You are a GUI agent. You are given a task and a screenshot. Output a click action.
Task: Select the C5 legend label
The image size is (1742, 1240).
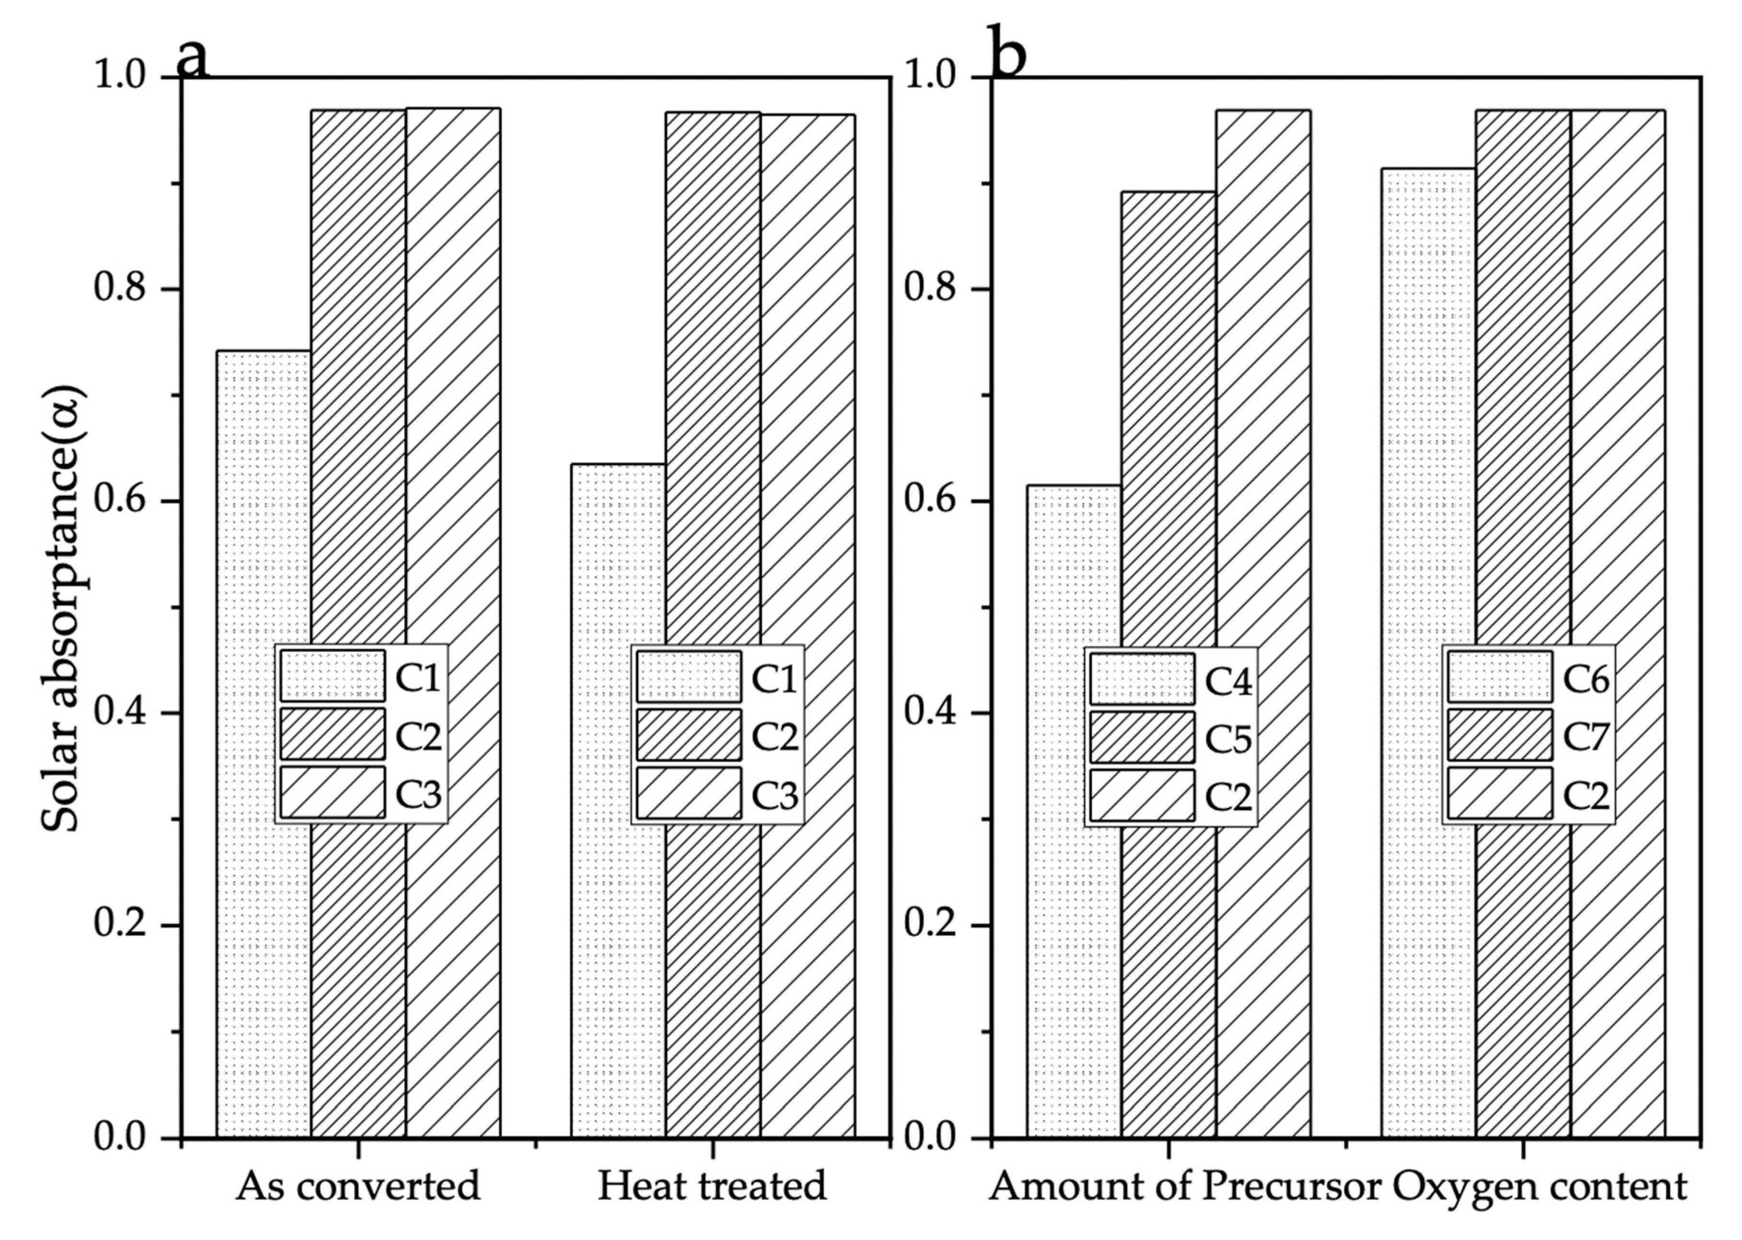[1228, 738]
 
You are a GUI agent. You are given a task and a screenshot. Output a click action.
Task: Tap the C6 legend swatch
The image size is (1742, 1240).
[1500, 677]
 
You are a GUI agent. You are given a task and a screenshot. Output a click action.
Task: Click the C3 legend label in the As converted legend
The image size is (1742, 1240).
[418, 795]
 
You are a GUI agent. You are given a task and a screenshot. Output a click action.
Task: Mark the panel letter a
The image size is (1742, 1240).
[192, 57]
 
